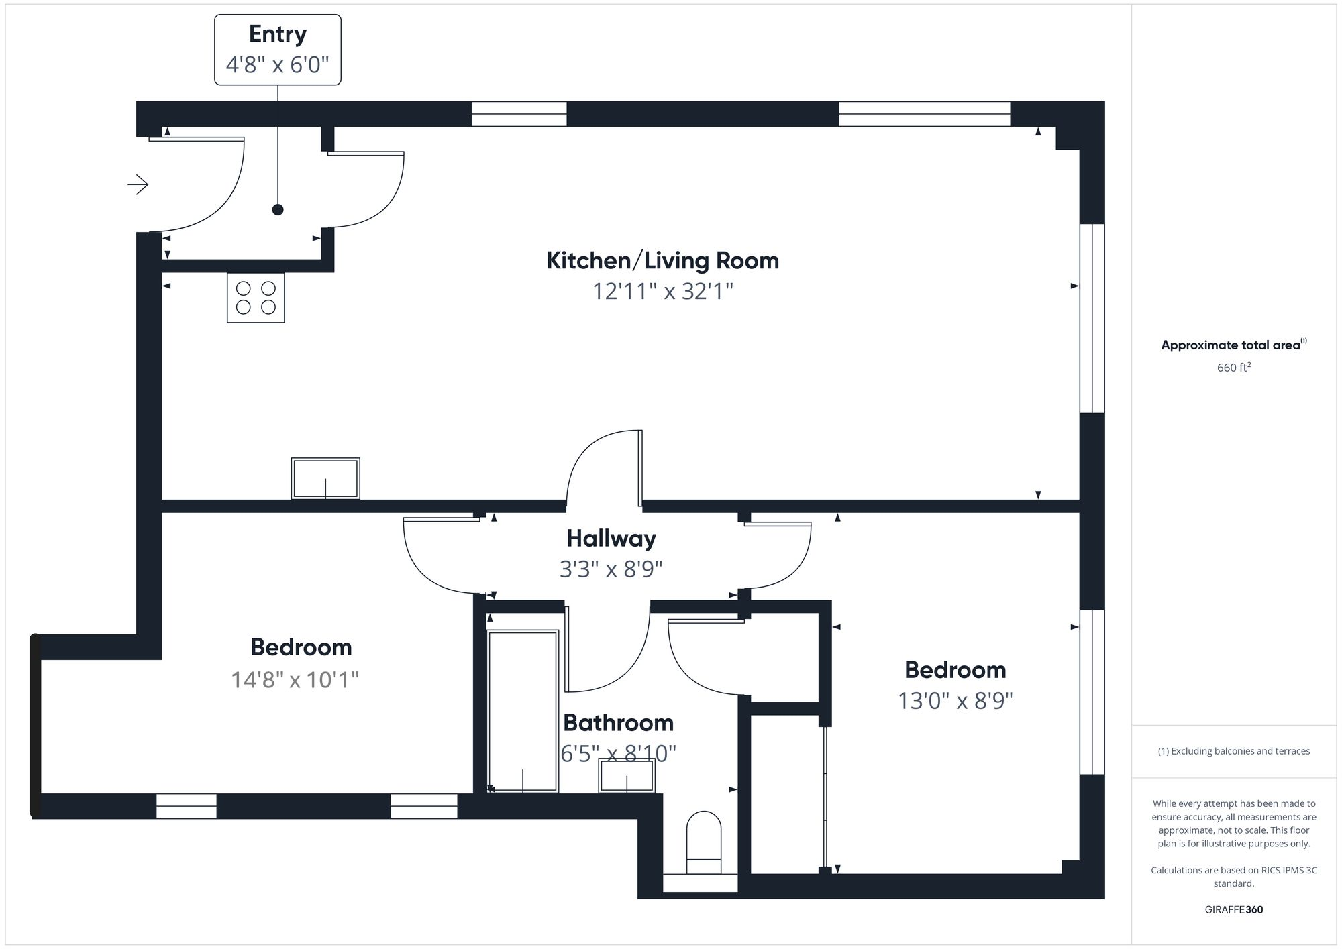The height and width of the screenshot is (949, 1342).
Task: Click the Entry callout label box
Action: click(x=277, y=50)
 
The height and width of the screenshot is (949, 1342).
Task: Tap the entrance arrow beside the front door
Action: click(x=138, y=184)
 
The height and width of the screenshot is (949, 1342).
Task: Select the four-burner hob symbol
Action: click(x=256, y=298)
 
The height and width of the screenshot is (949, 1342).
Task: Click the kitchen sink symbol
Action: click(x=325, y=478)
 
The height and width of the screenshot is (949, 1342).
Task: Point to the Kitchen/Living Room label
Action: click(x=662, y=260)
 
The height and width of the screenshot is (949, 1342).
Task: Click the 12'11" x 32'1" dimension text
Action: click(x=662, y=292)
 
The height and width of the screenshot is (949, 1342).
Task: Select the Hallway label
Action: click(x=611, y=538)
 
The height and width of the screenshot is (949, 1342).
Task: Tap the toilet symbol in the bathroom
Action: click(x=703, y=843)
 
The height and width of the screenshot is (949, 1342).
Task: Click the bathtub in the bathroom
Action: click(x=523, y=711)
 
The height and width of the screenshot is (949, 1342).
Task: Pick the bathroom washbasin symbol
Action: click(x=627, y=776)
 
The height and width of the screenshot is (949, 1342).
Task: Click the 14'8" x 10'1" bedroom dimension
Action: click(x=295, y=680)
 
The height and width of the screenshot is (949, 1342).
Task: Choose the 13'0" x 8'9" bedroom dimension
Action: click(x=955, y=701)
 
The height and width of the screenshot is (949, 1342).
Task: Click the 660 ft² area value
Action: click(x=1233, y=368)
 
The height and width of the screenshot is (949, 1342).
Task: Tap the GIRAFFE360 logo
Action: click(x=1233, y=910)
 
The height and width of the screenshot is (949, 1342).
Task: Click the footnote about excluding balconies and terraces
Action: click(x=1233, y=751)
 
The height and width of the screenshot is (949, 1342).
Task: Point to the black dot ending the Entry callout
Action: click(x=278, y=210)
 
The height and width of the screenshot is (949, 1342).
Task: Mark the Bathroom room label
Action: click(x=618, y=723)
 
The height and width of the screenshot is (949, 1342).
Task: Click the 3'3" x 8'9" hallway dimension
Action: click(x=611, y=569)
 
